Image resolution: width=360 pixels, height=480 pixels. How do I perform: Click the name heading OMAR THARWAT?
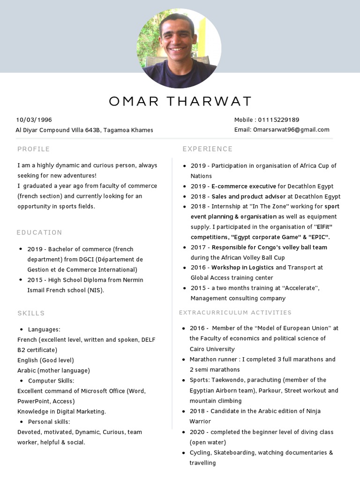pyautogui.click(x=180, y=101)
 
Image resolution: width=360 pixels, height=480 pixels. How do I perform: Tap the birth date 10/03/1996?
pyautogui.click(x=34, y=120)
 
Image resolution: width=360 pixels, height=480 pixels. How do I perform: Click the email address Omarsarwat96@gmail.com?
pyautogui.click(x=291, y=130)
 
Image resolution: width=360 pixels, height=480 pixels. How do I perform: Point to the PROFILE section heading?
pyautogui.click(x=33, y=149)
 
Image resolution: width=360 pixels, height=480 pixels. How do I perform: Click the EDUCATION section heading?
pyautogui.click(x=39, y=232)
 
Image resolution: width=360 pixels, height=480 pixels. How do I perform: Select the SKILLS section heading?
pyautogui.click(x=31, y=313)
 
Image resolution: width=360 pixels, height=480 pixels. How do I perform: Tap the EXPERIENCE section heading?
pyautogui.click(x=207, y=149)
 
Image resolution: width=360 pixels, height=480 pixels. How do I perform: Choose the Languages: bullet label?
pyautogui.click(x=44, y=330)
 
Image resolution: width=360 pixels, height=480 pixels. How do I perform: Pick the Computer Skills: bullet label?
pyautogui.click(x=51, y=381)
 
